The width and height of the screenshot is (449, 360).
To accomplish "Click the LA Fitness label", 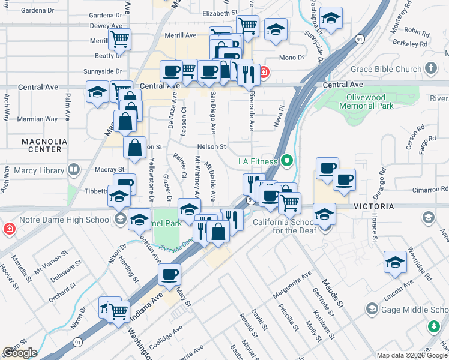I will [x=258, y=161].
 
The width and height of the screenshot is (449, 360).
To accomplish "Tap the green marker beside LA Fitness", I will [x=286, y=161].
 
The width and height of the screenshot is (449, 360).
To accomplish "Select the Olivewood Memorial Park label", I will [x=366, y=101].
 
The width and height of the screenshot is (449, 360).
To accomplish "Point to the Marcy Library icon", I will [x=74, y=170].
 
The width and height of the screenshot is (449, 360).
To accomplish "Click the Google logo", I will [x=20, y=353].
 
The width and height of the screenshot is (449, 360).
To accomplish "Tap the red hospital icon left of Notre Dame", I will [x=10, y=229].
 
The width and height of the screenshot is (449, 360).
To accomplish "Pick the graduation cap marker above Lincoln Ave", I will [x=395, y=262].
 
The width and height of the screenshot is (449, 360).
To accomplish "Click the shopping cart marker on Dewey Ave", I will [x=120, y=40].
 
